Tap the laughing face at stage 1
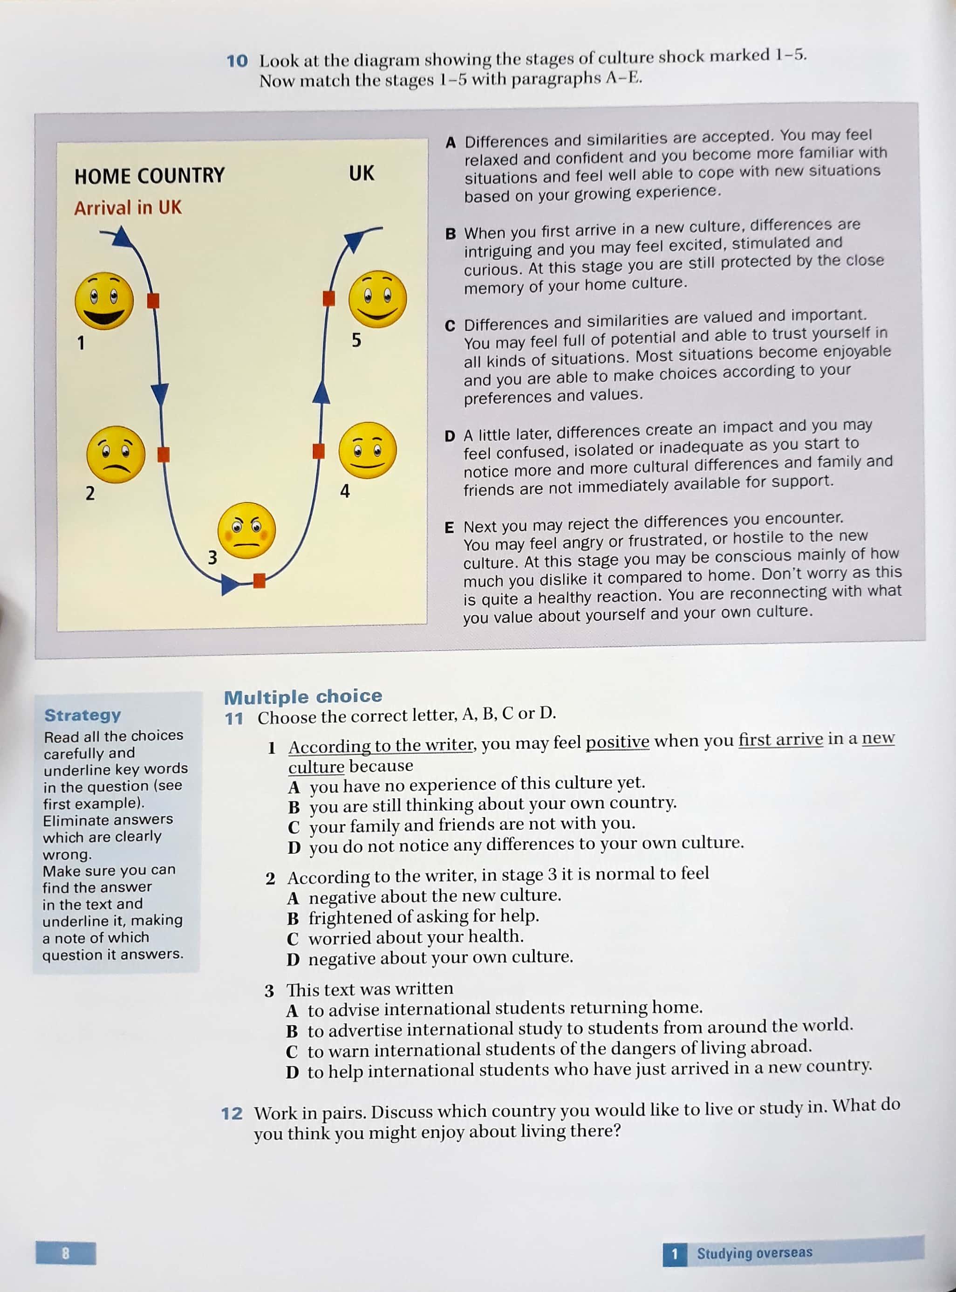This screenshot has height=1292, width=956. pos(104,301)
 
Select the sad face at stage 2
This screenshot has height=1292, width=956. pos(116,454)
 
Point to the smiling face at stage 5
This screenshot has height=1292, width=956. pos(377,299)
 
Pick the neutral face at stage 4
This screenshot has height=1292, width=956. pos(368,450)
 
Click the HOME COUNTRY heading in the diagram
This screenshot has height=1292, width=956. pos(149,175)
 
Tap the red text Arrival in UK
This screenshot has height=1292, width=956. pos(128,208)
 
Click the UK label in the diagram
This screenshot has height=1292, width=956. pos(361,173)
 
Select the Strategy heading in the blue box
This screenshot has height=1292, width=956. pos(83,715)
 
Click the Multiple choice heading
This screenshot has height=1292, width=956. pos(303,696)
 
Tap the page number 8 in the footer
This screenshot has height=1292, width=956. pos(65,1253)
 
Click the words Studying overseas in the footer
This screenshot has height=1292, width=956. pos(754,1253)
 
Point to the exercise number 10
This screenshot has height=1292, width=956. pos(237,61)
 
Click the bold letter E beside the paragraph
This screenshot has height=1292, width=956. pos(449,527)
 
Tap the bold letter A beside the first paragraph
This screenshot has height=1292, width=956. pos(451,143)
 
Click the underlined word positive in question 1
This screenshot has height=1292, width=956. pos(617,742)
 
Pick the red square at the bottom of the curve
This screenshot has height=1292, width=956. pos(259,580)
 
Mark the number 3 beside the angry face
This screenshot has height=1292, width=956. pos(212,557)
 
